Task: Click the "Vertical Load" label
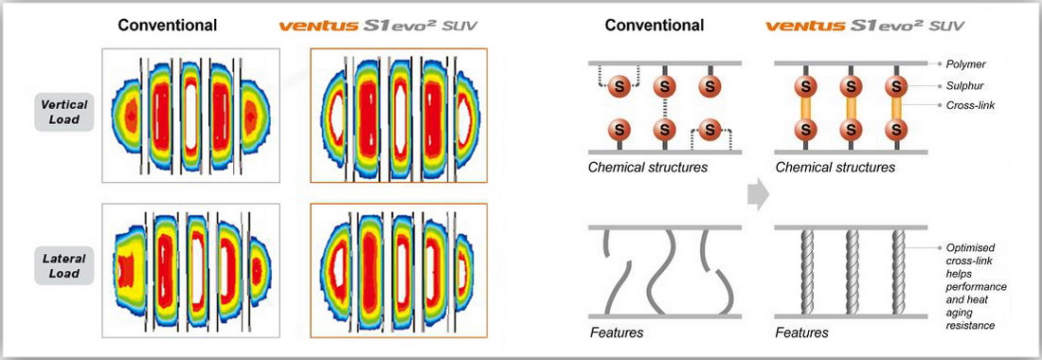(x=64, y=112)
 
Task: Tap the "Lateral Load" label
(x=64, y=265)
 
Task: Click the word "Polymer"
(x=967, y=64)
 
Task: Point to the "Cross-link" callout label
(x=972, y=105)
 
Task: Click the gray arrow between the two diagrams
(x=758, y=195)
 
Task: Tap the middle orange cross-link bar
(x=851, y=107)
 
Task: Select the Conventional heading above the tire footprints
(x=168, y=26)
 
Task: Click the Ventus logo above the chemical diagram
(x=865, y=26)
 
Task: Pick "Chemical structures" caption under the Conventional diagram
(x=648, y=168)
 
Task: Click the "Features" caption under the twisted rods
(x=802, y=333)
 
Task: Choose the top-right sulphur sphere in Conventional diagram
(x=710, y=85)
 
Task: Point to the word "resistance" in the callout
(x=971, y=326)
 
